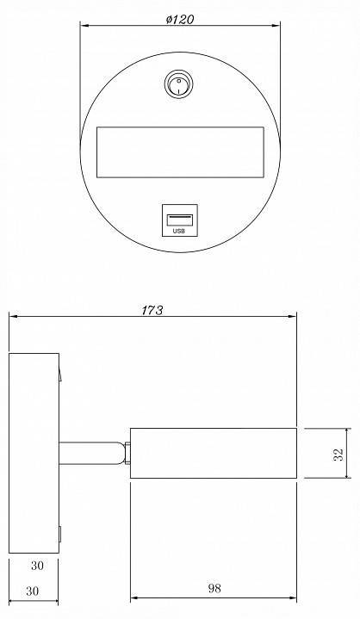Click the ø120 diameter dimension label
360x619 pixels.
tap(180, 19)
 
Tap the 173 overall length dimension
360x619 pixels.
tap(152, 311)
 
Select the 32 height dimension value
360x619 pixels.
tap(338, 455)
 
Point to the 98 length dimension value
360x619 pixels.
tap(214, 589)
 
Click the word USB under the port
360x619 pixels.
tap(179, 231)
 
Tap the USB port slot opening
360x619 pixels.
tap(180, 220)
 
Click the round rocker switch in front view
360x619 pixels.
tap(178, 84)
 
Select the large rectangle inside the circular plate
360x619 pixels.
tap(180, 152)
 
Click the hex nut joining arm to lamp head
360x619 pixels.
tap(127, 453)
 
